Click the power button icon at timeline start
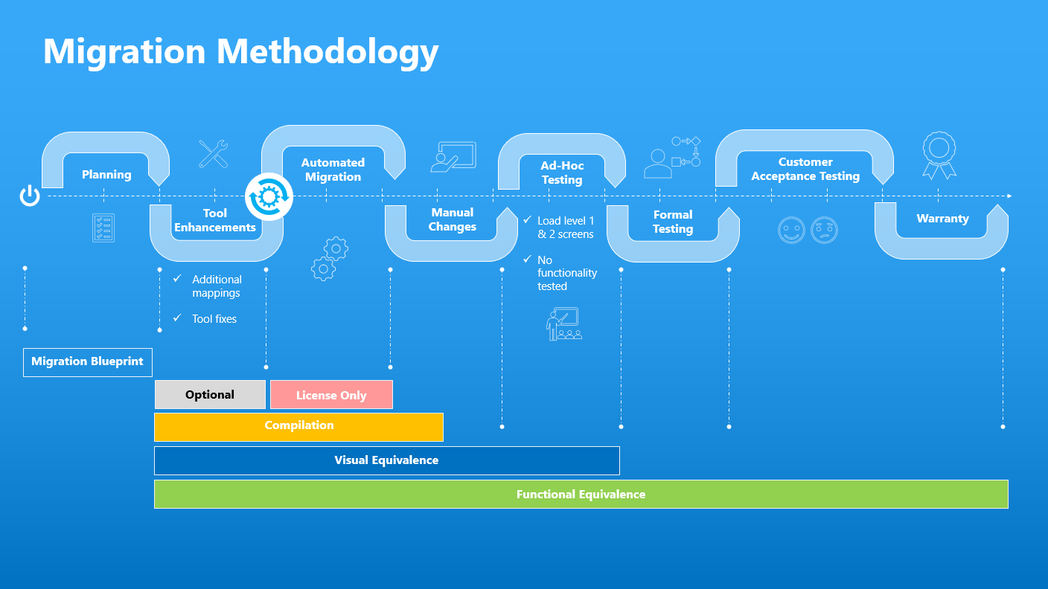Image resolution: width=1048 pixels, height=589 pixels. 30,196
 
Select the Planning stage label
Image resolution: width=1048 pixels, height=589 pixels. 106,175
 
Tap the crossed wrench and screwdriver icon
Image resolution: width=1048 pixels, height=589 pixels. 214,154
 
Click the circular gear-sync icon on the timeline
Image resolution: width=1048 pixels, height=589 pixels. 269,197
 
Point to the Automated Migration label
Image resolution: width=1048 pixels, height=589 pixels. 333,170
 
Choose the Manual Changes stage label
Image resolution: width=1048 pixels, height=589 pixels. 452,219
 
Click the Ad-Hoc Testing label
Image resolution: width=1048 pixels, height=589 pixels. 562,173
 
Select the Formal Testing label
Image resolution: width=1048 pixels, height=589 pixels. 673,222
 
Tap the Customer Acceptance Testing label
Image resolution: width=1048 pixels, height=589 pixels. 805,169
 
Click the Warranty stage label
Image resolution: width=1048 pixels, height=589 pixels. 942,219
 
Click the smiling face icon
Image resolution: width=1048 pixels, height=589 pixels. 791,230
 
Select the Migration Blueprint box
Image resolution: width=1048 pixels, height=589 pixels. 88,362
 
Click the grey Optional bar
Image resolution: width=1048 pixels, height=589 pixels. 210,395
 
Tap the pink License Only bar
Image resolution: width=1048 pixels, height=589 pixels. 331,395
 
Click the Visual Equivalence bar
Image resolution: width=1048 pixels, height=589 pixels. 386,460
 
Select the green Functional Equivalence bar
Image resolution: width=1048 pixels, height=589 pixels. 581,495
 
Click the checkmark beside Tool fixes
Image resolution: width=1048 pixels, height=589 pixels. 177,318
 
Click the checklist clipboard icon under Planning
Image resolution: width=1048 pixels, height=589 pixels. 103,228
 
